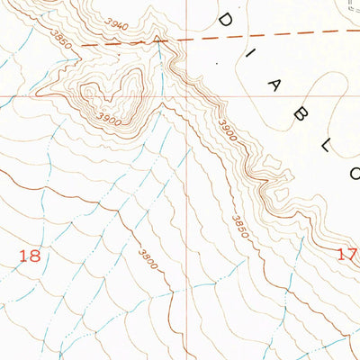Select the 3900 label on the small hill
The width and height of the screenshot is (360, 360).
[x=108, y=118]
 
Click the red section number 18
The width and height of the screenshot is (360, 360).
[x=31, y=256]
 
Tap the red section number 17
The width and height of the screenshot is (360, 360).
[x=347, y=255]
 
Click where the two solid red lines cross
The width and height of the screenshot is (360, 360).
[x=189, y=96]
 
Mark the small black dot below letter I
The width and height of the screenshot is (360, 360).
[x=216, y=64]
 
